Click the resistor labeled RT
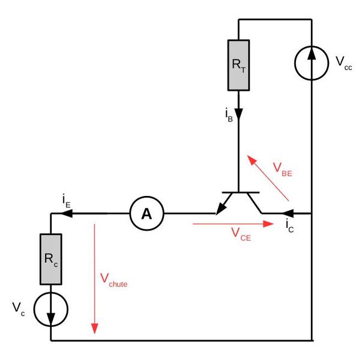click(238, 64)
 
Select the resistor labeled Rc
click(51, 259)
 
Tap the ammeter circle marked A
click(145, 213)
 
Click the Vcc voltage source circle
click(312, 60)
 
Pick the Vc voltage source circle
click(51, 309)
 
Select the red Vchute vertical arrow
click(94, 276)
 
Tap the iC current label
click(290, 227)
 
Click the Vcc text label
click(344, 63)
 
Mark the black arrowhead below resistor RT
click(238, 114)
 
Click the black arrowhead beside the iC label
click(287, 213)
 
